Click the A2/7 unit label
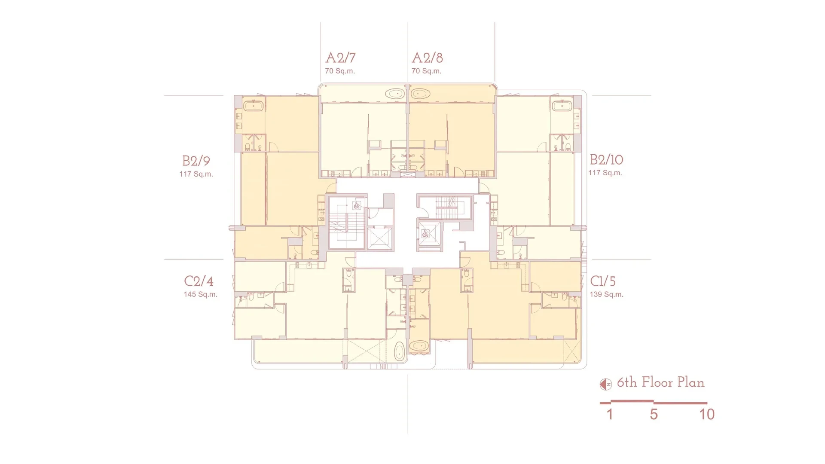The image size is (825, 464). (340, 58)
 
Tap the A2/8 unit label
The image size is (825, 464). (427, 58)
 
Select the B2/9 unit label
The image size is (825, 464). (196, 161)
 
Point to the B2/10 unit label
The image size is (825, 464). (606, 159)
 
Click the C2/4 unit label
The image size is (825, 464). (199, 281)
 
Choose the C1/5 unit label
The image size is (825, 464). (602, 281)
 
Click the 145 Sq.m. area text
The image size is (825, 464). (200, 294)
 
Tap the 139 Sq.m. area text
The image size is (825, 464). (606, 294)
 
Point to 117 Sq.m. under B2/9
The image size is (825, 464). (196, 174)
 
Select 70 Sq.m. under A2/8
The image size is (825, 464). (426, 71)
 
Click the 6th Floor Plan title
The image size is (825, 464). (660, 382)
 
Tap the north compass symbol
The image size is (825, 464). (605, 384)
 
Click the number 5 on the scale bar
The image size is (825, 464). (654, 414)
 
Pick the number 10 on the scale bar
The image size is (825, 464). (707, 414)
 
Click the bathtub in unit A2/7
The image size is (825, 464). (394, 94)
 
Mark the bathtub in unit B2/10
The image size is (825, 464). (562, 106)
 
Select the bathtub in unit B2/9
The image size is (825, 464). (254, 106)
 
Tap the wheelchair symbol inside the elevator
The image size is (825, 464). (425, 234)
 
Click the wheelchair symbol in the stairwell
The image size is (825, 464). (357, 206)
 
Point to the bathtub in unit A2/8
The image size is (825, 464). (420, 94)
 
